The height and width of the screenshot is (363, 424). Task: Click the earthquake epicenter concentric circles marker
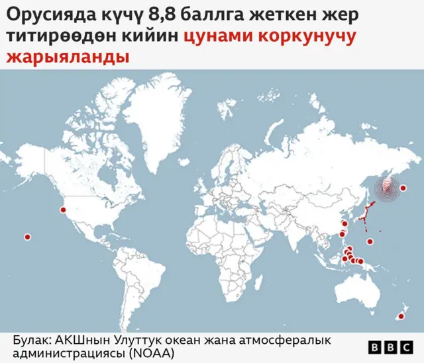coord(386,189)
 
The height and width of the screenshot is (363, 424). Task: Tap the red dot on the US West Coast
coord(64,210)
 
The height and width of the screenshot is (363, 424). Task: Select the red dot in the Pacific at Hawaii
coord(28,237)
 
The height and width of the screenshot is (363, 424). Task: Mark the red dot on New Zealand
coord(399,318)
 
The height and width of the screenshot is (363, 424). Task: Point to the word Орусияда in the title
coord(44,15)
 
